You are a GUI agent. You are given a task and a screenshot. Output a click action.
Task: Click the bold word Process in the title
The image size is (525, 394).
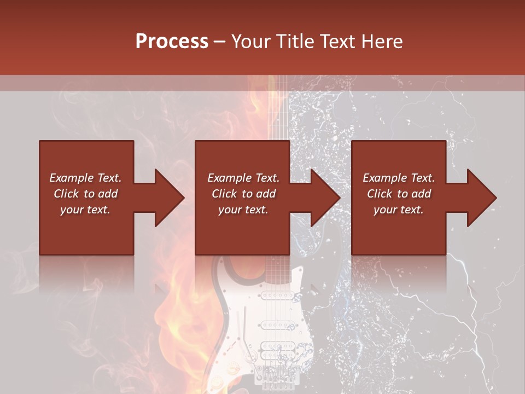172,42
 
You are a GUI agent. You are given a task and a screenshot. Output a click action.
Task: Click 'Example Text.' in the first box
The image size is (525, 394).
85,178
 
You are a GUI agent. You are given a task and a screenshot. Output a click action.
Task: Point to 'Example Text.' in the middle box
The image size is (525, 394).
243,178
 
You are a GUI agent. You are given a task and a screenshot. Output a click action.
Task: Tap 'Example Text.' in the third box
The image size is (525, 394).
399,178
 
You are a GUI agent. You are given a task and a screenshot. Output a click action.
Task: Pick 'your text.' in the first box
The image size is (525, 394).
85,210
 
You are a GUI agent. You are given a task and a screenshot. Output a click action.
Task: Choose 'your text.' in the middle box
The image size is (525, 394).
243,210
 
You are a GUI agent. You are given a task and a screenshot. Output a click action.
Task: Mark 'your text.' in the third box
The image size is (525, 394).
399,210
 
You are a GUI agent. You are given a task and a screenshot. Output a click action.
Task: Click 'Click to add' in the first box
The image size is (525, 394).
85,194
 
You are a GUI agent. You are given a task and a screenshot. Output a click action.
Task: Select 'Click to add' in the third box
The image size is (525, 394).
399,194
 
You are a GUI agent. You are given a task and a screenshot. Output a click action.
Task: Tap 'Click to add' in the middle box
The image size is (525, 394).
243,194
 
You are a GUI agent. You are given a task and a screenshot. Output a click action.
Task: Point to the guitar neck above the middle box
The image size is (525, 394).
277,109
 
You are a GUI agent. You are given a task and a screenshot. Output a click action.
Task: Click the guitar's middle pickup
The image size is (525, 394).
277,325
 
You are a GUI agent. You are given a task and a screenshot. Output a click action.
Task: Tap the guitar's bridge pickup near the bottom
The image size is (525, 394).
277,350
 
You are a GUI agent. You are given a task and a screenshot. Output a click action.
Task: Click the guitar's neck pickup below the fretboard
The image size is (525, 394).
277,296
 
